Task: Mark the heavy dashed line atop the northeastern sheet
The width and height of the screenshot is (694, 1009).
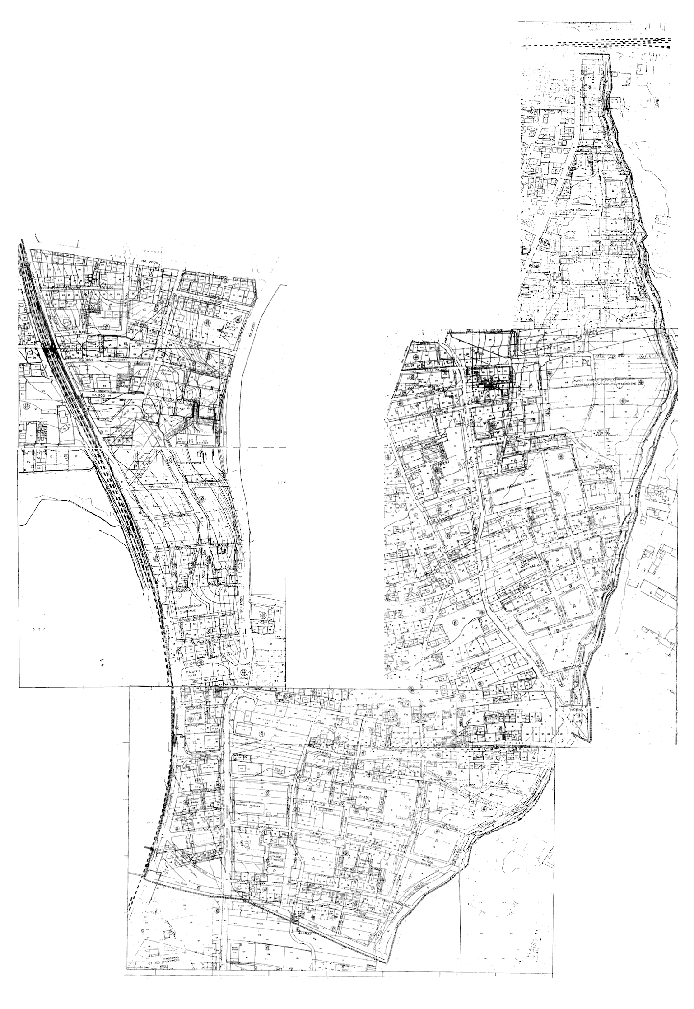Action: point(615,44)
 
